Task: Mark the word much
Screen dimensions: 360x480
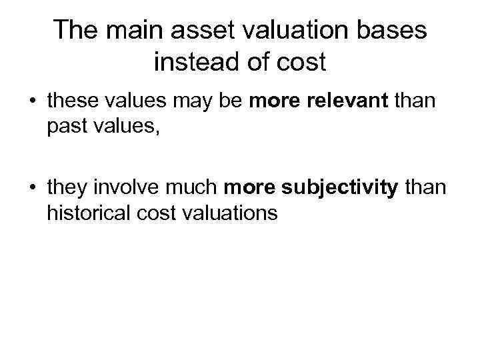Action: pyautogui.click(x=195, y=188)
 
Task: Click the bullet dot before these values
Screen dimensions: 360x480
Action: pyautogui.click(x=33, y=103)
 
